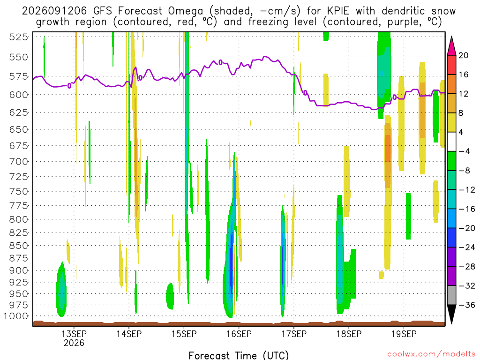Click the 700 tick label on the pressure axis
click(19, 161)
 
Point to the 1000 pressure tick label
click(16, 316)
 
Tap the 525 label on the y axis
click(19, 37)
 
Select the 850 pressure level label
click(19, 246)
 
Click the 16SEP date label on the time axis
click(239, 334)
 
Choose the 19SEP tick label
click(404, 334)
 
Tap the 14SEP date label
click(129, 334)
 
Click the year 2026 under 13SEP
click(74, 343)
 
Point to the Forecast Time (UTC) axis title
click(239, 355)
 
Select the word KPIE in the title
click(338, 11)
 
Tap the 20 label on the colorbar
click(464, 55)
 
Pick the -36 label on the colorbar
click(467, 305)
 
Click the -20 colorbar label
click(467, 228)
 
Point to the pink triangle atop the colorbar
click(451, 46)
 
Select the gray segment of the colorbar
click(451, 295)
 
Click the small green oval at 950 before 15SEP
click(170, 296)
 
